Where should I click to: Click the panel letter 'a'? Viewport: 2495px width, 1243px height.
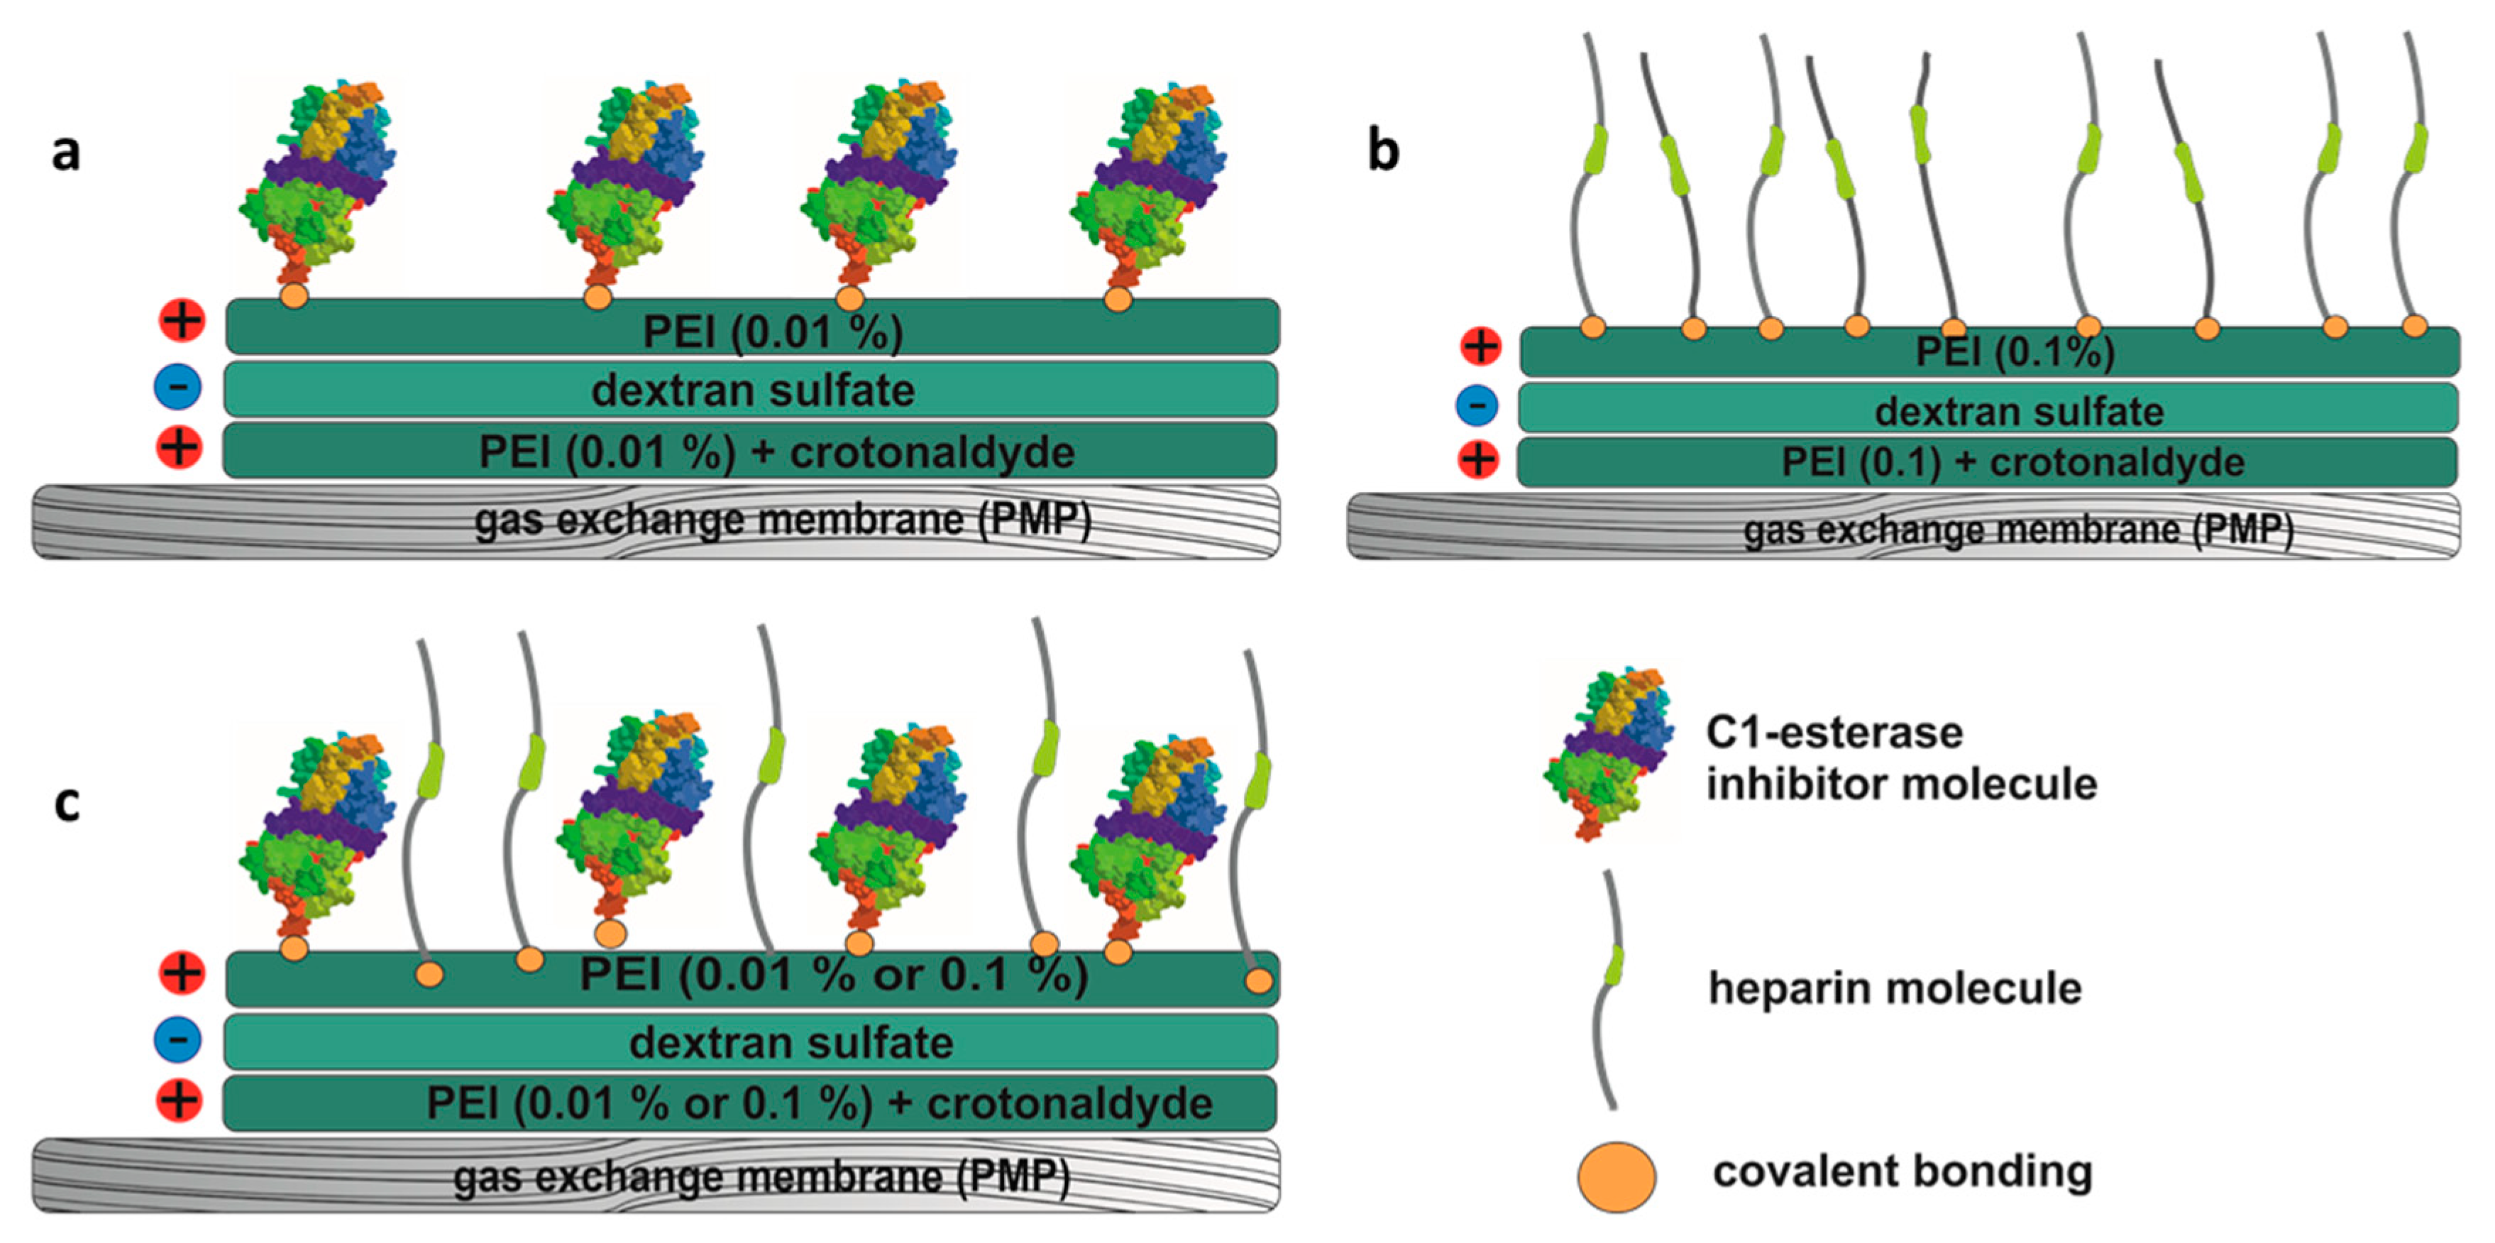66,153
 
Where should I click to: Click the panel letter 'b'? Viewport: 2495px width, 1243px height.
1383,151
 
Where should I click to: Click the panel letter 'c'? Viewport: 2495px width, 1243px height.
66,804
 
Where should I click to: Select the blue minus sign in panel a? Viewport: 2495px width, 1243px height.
178,387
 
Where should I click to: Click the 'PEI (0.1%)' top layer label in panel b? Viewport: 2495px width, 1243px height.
2015,351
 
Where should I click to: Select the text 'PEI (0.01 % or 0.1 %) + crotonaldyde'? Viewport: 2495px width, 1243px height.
818,1103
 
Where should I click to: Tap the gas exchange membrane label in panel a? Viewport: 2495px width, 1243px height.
783,521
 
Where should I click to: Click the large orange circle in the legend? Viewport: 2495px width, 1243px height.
1616,1176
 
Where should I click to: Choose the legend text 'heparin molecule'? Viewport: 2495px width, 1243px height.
1895,988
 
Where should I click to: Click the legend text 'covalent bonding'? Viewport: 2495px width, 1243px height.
1902,1171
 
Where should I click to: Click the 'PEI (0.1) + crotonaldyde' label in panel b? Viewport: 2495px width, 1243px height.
2012,462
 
